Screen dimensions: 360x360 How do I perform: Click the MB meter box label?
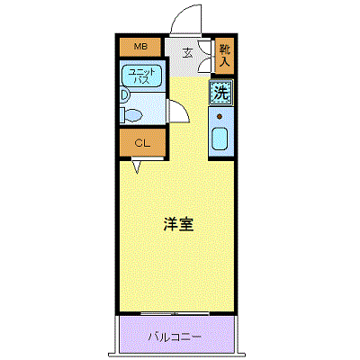tap(140, 47)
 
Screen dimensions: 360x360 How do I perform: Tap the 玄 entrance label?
tap(188, 53)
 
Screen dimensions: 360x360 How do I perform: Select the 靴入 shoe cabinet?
tap(225, 56)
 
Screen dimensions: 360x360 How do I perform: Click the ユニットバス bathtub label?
tap(141, 76)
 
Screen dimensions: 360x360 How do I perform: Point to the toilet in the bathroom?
tap(130, 115)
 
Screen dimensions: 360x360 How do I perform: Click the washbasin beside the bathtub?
tap(124, 94)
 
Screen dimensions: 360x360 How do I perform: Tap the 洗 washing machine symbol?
tap(221, 93)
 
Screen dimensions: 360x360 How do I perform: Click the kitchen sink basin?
tap(220, 140)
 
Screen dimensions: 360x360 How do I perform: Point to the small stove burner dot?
tap(220, 116)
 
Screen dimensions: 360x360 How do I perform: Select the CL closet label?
tap(142, 143)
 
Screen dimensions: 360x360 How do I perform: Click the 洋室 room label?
tap(179, 224)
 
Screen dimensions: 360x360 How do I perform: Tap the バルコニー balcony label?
tap(175, 337)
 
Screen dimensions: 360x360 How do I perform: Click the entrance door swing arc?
tap(184, 11)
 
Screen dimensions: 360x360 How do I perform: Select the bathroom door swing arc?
tap(184, 109)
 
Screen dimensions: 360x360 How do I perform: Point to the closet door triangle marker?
tap(137, 166)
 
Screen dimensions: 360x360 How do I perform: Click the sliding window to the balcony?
tap(175, 313)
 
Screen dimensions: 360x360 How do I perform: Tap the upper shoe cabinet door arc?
tap(206, 48)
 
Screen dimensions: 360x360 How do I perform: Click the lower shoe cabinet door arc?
tap(206, 64)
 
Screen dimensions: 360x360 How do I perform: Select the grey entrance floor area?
tap(187, 57)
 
